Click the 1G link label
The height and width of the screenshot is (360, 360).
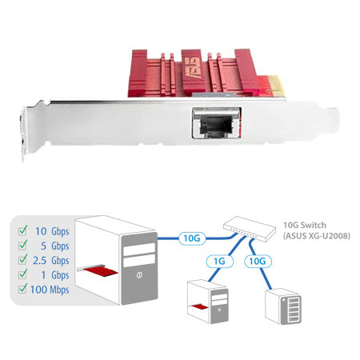click(x=218, y=260)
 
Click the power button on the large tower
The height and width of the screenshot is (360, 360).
click(x=139, y=278)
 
